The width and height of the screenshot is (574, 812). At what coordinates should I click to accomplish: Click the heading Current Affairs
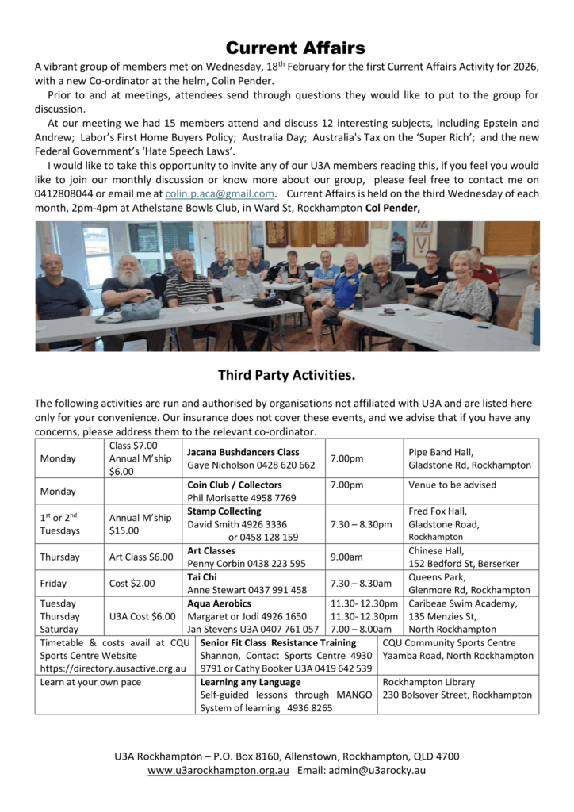tap(295, 48)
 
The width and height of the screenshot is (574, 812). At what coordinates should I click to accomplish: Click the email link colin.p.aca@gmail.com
tap(220, 193)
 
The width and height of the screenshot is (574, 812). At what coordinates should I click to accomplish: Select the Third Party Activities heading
tap(286, 375)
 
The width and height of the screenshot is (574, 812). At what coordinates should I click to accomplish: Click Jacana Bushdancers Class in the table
tap(243, 452)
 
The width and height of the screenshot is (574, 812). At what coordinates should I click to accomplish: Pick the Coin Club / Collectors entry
tap(235, 485)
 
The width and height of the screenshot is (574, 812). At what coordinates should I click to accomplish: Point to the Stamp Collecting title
tap(224, 511)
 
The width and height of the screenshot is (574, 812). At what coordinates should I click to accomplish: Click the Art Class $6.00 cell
tap(141, 557)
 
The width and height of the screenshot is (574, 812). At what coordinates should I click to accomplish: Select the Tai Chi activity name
tap(201, 577)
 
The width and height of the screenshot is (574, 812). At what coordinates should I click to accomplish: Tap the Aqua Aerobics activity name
tap(219, 603)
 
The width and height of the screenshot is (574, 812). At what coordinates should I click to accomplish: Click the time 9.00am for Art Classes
tap(346, 557)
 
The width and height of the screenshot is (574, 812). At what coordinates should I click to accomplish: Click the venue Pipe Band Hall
tap(442, 452)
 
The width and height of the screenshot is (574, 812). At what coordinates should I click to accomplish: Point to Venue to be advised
tap(453, 485)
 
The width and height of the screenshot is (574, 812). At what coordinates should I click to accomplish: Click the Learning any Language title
tap(251, 682)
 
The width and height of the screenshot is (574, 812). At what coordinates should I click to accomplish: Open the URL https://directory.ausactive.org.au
tap(113, 668)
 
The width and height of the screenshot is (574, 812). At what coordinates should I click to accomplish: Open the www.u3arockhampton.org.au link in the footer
tap(218, 771)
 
